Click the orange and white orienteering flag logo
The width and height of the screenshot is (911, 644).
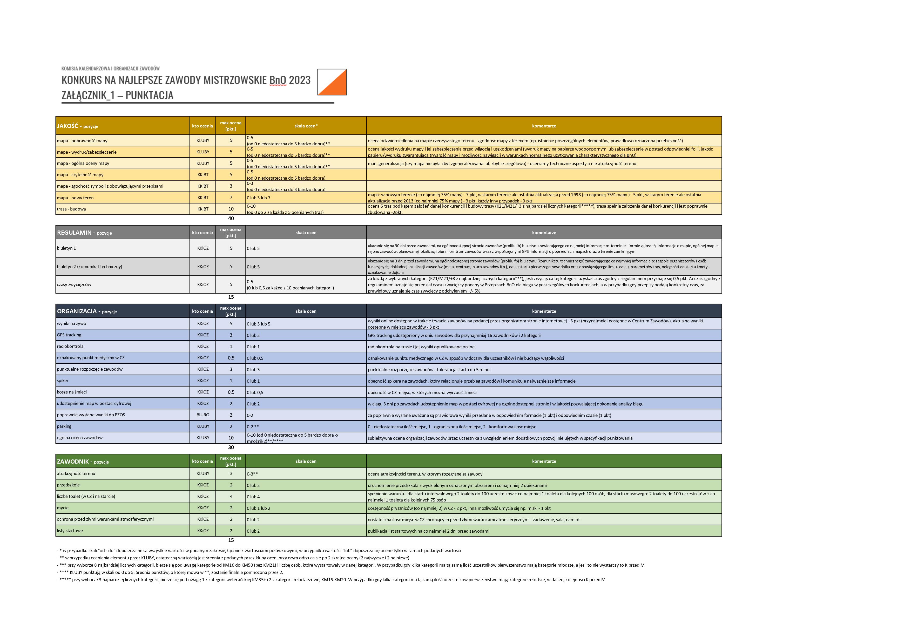(332, 82)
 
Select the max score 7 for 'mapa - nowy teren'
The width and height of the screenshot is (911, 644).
(231, 198)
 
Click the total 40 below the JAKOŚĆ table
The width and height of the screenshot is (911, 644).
(231, 218)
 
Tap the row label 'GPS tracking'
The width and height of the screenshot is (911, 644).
(69, 335)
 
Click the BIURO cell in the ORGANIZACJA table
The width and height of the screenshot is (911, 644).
(203, 415)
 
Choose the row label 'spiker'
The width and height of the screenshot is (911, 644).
(63, 381)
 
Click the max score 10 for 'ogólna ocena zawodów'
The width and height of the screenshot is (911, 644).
(231, 438)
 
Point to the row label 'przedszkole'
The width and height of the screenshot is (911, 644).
(68, 485)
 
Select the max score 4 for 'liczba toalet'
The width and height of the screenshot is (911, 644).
(231, 496)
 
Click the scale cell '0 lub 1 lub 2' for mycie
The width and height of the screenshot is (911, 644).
(259, 508)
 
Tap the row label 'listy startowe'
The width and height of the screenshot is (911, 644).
(70, 531)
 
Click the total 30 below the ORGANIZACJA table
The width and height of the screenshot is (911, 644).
(231, 447)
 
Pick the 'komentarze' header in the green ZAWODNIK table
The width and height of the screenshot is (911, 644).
(544, 462)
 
